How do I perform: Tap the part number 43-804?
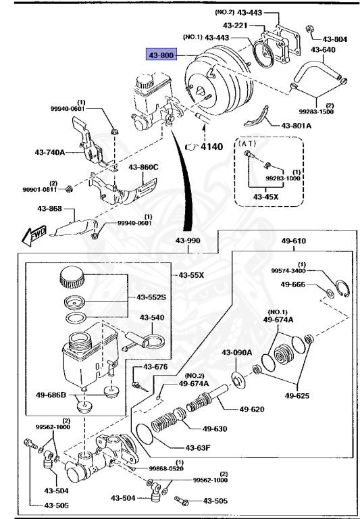pos(335,39)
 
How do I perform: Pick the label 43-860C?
pos(145,167)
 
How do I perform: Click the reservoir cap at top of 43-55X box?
pos(72,277)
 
